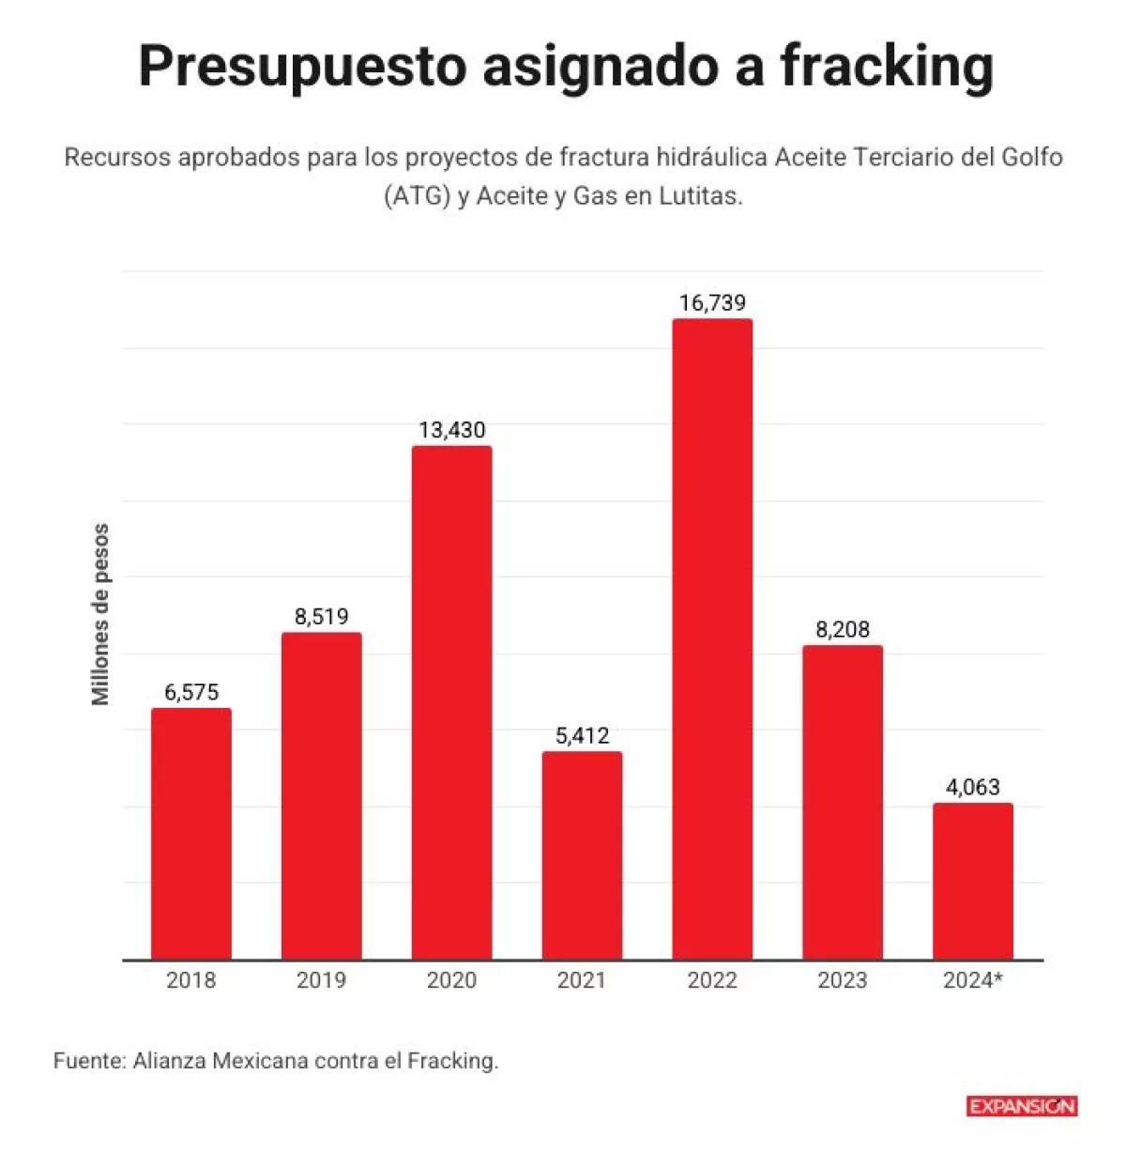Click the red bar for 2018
(x=191, y=834)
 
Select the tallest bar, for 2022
(x=712, y=638)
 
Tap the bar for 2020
(x=452, y=702)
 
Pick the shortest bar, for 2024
(x=973, y=881)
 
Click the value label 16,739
(x=712, y=302)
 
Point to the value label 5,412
(x=582, y=735)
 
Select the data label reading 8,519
(x=322, y=617)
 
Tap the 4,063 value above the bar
(x=973, y=787)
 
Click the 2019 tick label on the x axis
(x=322, y=980)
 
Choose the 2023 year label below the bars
(x=843, y=980)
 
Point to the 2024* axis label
(x=973, y=980)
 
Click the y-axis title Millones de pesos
(x=100, y=615)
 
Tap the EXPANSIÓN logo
(x=1022, y=1106)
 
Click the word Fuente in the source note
(x=88, y=1061)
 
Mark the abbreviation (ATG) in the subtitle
(x=417, y=196)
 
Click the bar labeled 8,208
(x=843, y=802)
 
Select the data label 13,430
(x=452, y=430)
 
